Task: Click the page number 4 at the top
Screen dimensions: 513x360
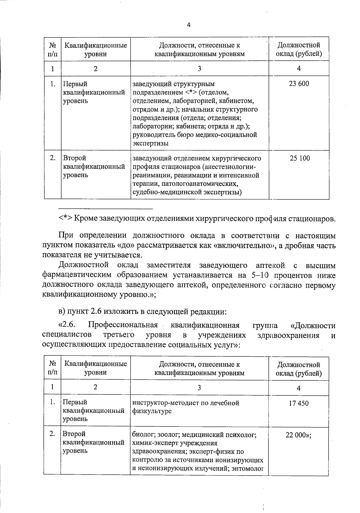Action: coord(188,25)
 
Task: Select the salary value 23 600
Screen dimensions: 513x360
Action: coord(298,84)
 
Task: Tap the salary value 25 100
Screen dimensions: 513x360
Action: coord(300,158)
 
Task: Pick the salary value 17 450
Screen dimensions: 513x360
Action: coord(298,403)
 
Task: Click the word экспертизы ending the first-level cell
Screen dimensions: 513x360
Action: coord(150,143)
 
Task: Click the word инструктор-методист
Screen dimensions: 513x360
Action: coord(162,403)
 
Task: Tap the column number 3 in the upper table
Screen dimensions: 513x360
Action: coord(199,69)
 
